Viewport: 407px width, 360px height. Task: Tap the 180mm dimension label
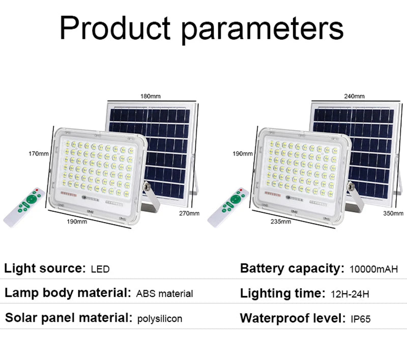coord(151,96)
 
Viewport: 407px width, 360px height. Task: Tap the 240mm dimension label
coord(354,96)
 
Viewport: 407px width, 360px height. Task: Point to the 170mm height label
coord(38,153)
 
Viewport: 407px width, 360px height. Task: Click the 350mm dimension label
coord(393,213)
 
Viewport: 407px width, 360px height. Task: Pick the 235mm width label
coord(280,221)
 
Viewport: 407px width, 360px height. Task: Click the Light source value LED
coord(100,269)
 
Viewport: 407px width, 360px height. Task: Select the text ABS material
coord(164,294)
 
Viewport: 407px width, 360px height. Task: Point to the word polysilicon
coord(160,319)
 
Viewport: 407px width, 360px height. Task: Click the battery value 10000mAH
coord(374,269)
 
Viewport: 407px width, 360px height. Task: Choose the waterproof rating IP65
coord(361,319)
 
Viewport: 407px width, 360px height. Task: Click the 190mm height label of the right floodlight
coord(242,153)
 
